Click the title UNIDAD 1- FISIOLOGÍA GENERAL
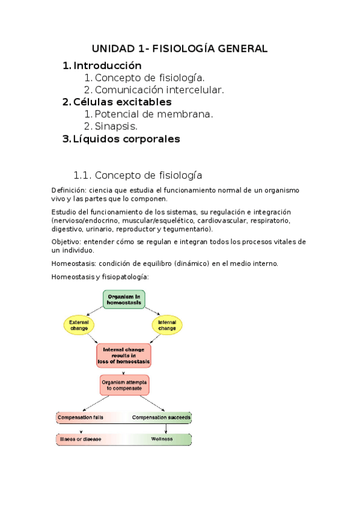coord(180,48)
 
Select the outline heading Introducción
coord(107,66)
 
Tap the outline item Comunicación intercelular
coord(159,90)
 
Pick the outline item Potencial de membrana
coord(154,114)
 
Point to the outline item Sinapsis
coord(117,126)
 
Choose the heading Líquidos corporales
coord(126,139)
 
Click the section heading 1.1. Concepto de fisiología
coord(137,175)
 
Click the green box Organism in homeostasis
coord(124,300)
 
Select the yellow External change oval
coord(79,325)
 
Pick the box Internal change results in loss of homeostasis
coord(124,355)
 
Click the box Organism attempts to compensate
coord(124,385)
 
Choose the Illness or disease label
coord(80,439)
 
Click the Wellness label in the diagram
coord(162,439)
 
